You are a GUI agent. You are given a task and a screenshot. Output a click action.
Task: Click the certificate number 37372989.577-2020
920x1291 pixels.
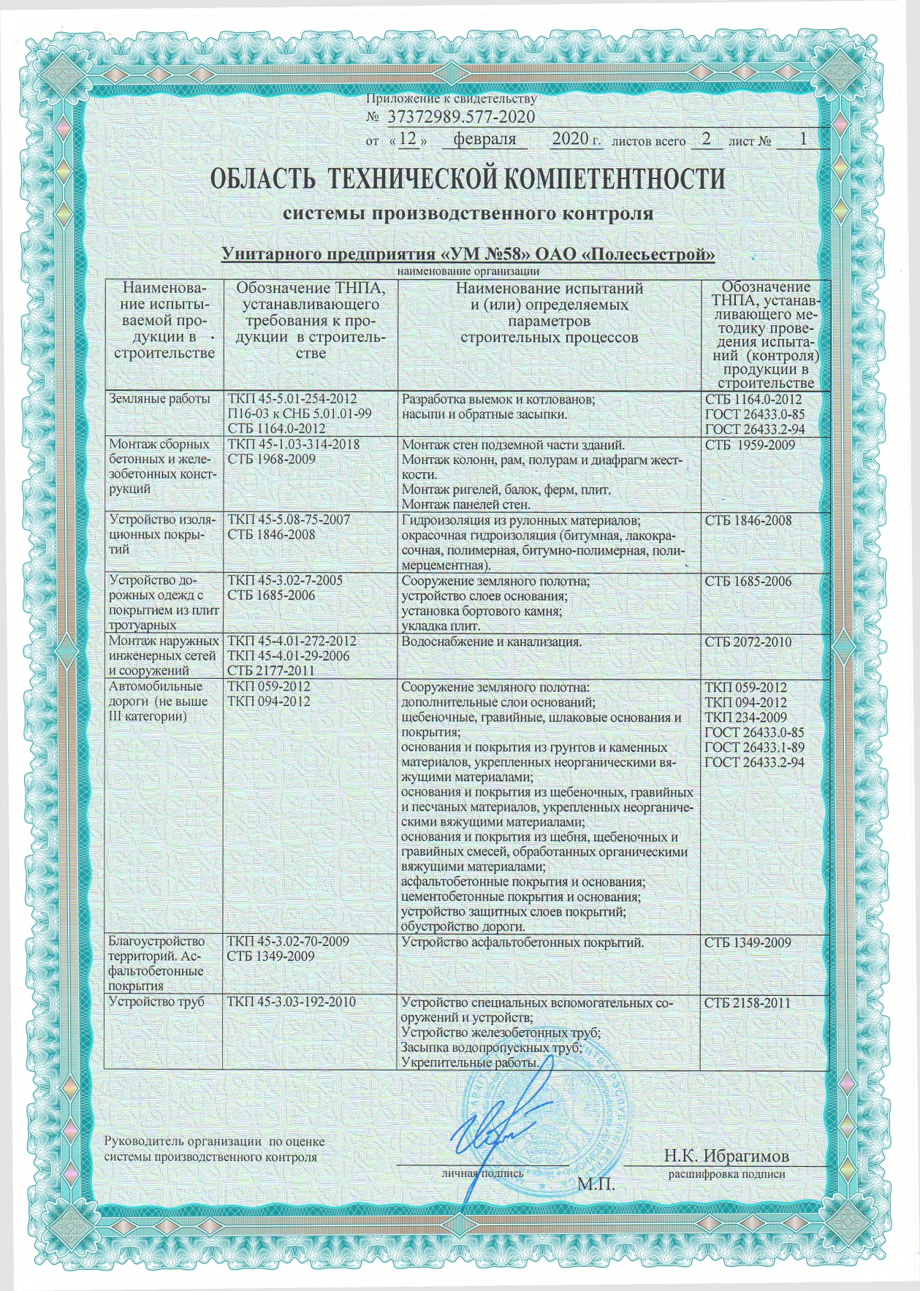click(460, 117)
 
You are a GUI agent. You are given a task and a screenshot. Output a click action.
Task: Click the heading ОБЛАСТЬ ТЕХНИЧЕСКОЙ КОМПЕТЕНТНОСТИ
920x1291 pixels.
click(468, 179)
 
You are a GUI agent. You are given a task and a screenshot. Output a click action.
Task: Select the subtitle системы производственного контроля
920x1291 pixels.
click(468, 215)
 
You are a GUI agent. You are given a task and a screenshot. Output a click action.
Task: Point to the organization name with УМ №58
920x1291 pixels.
click(468, 254)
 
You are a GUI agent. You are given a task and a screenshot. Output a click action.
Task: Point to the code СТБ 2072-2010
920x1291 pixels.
click(748, 642)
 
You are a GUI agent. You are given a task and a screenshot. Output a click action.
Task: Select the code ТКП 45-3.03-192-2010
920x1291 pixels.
click(292, 1002)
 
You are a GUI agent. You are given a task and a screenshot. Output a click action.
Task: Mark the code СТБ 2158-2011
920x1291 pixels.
click(748, 1002)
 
